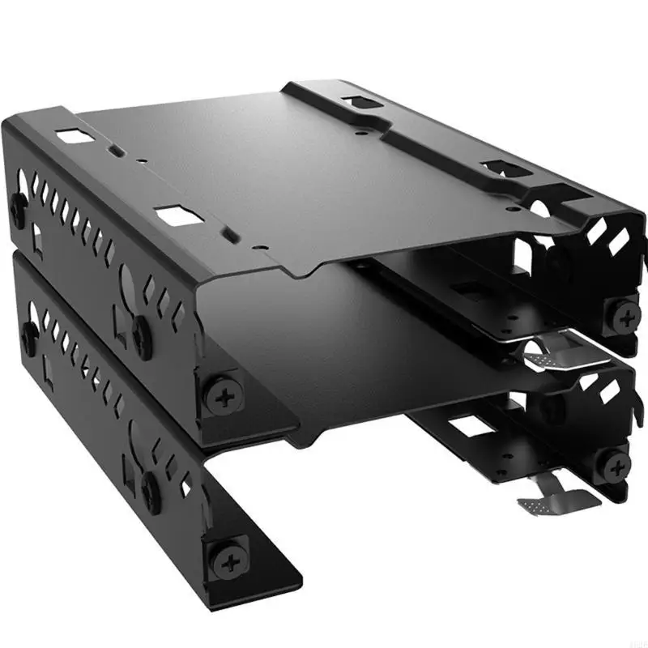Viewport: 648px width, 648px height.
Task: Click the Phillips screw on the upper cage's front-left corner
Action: (x=222, y=394)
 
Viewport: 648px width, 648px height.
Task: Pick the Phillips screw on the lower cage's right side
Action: (x=616, y=465)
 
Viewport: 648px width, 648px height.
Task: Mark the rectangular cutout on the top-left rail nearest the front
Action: (x=176, y=215)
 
